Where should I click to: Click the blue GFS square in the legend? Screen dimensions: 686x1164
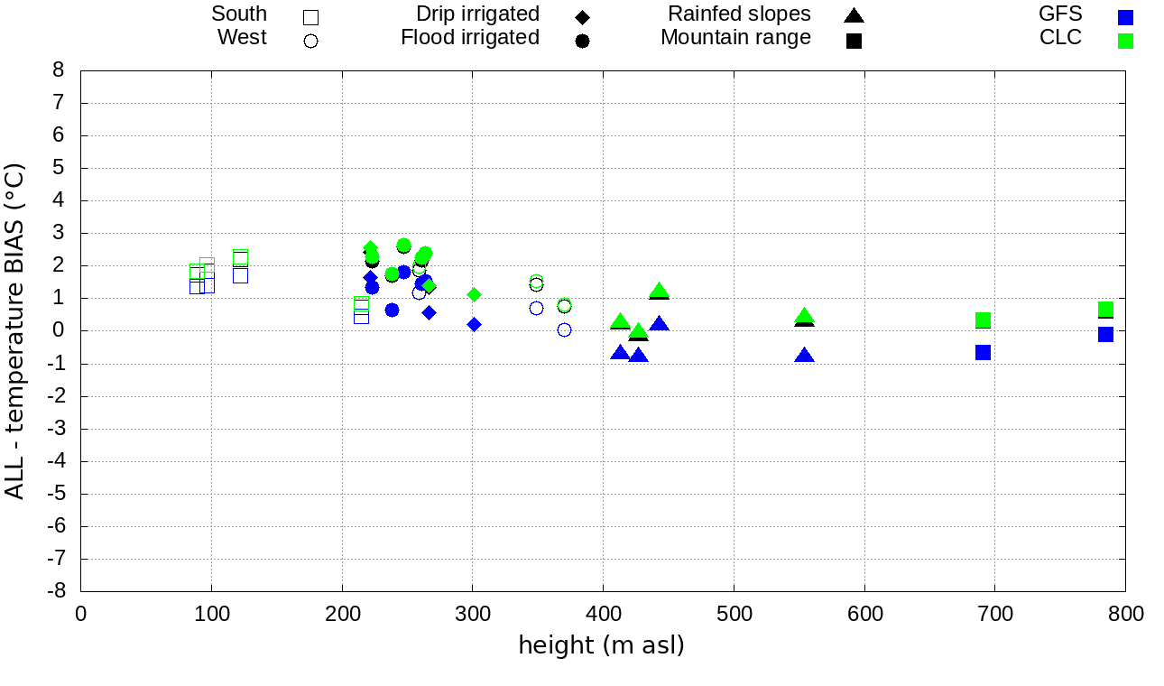point(1125,17)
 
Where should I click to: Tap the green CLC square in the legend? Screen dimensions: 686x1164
point(1125,41)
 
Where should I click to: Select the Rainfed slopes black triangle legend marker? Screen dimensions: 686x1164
point(854,15)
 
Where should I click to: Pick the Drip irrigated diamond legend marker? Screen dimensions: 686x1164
point(582,17)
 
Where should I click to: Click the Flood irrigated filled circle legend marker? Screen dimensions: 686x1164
point(582,41)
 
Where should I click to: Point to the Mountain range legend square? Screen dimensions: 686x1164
point(854,41)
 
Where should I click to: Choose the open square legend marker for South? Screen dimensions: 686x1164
point(311,17)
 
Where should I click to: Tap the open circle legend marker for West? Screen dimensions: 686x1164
point(311,41)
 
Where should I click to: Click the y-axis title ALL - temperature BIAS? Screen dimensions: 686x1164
point(15,331)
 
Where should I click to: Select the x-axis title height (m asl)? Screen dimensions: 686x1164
point(601,645)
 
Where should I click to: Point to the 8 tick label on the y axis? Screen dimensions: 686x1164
point(59,70)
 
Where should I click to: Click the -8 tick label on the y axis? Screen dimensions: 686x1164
point(55,591)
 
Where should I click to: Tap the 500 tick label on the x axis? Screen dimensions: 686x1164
point(734,615)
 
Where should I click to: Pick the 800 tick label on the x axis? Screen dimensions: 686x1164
point(1125,615)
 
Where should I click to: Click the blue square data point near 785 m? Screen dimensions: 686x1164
point(1105,334)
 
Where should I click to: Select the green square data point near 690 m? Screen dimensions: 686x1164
point(983,320)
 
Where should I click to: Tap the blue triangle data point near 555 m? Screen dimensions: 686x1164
point(804,356)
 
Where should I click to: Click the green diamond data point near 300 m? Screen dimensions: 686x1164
point(474,294)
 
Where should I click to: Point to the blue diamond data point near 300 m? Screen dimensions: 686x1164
point(474,324)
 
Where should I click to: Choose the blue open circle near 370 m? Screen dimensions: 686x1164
point(564,330)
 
